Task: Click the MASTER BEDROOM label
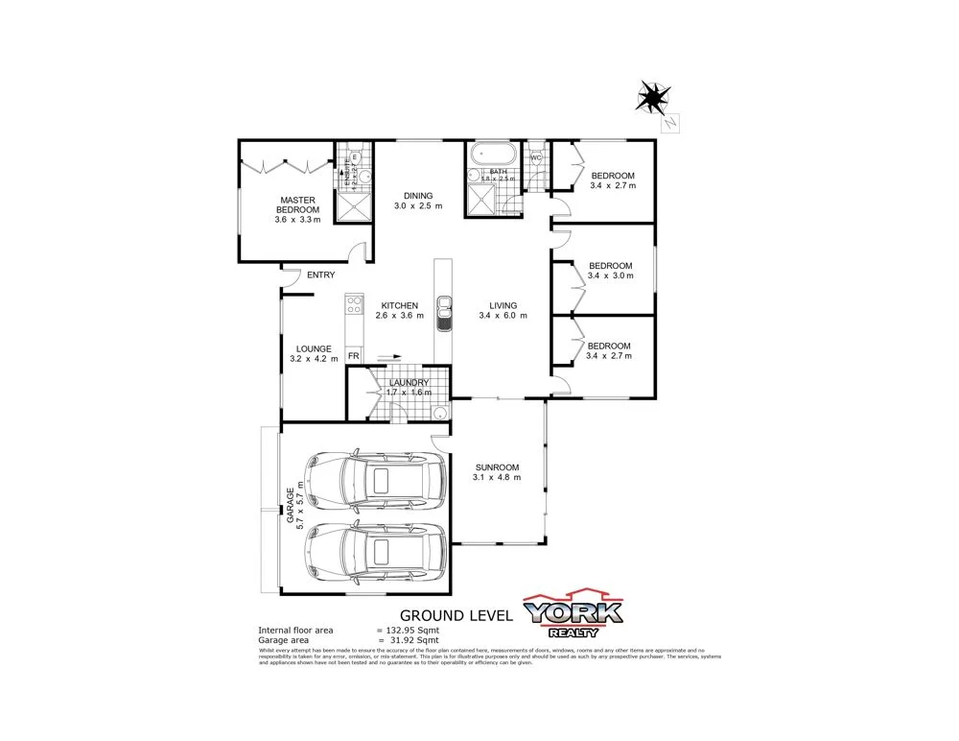298,204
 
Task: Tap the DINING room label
418,196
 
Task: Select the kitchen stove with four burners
353,305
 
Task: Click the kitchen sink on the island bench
445,312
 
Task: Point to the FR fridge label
354,356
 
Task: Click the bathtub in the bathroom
492,154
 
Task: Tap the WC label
536,157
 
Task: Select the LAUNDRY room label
409,383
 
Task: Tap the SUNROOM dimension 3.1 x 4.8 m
497,477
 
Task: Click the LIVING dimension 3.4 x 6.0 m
503,316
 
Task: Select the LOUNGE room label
314,348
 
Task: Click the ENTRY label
320,275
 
